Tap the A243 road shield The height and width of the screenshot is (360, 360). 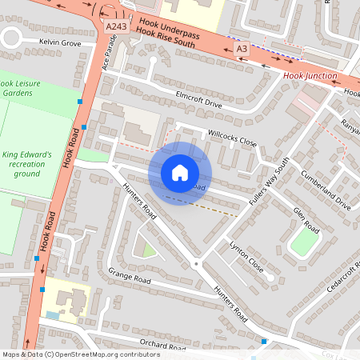pyautogui.click(x=114, y=26)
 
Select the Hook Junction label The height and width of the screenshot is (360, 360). pyautogui.click(x=310, y=77)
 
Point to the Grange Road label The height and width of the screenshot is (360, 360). pyautogui.click(x=129, y=275)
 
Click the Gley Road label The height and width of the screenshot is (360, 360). pyautogui.click(x=306, y=221)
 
